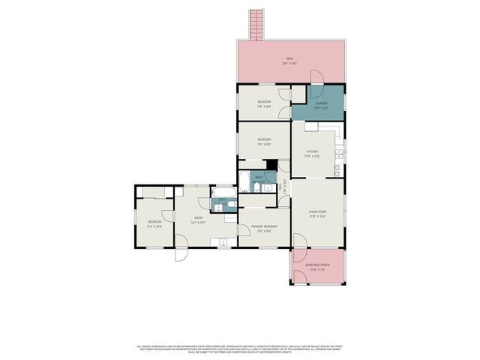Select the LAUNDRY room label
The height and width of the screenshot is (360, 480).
pos(321,105)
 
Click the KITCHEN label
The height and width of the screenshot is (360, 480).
pos(312,154)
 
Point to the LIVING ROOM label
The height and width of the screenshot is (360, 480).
pos(318,213)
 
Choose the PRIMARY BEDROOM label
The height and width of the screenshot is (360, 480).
pos(264,229)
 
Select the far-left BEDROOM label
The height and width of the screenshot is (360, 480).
pos(154,223)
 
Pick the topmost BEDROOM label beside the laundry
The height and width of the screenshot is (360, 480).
pos(264,103)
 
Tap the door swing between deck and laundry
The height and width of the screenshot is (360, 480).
pos(317,76)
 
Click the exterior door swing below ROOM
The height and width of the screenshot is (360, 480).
pos(182,253)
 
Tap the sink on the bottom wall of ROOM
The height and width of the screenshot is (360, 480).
pos(223,241)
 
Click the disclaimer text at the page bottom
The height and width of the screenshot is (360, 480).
pos(240,349)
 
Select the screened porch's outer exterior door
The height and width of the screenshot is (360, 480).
pos(299,277)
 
